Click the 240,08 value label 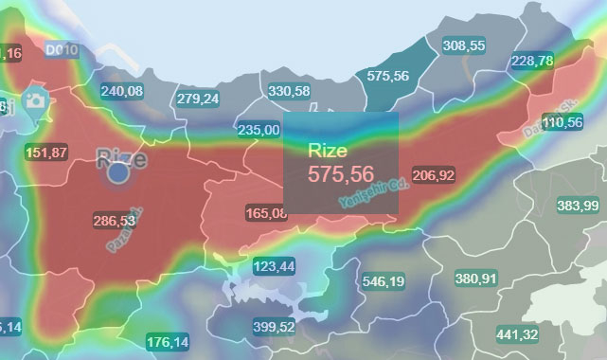pyautogui.click(x=121, y=91)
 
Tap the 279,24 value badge pyautogui.click(x=197, y=99)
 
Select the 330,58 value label pyautogui.click(x=289, y=91)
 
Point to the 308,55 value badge pyautogui.click(x=464, y=45)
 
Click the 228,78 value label pyautogui.click(x=531, y=61)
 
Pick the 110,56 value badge pyautogui.click(x=562, y=122)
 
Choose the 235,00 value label pyautogui.click(x=259, y=130)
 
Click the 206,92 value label pyautogui.click(x=434, y=175)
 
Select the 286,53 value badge pyautogui.click(x=114, y=220)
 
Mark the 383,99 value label pyautogui.click(x=578, y=206)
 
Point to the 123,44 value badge pyautogui.click(x=274, y=265)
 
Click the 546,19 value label pyautogui.click(x=383, y=281)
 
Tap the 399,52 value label pyautogui.click(x=275, y=327)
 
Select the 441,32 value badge pyautogui.click(x=517, y=334)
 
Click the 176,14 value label pyautogui.click(x=168, y=342)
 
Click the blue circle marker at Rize pyautogui.click(x=118, y=173)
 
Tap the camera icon pyautogui.click(x=37, y=100)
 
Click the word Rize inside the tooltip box pyautogui.click(x=328, y=150)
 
